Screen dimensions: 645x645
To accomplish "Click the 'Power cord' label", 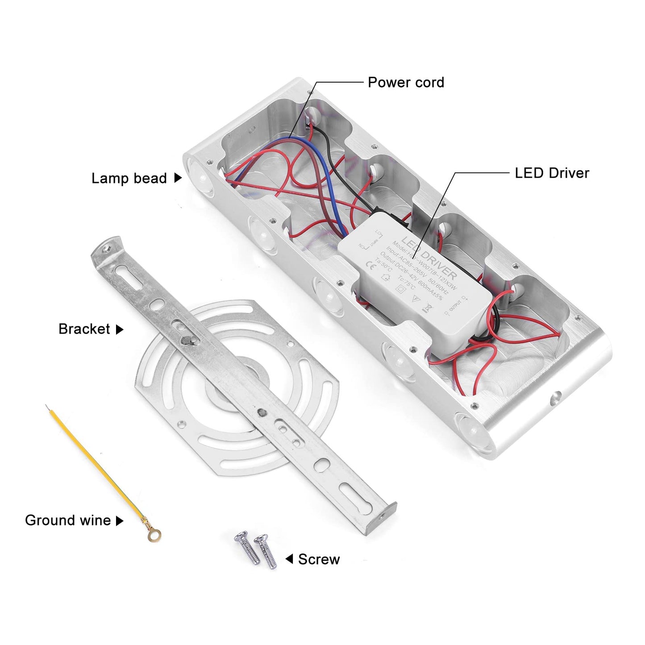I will pos(406,83).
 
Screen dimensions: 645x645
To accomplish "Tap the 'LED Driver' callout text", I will pos(552,173).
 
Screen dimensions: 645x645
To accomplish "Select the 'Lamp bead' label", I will pos(129,179).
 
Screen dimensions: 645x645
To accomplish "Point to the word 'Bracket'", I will pos(84,329).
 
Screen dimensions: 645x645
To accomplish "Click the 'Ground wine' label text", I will pos(68,520).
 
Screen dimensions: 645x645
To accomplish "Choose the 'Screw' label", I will pos(319,559).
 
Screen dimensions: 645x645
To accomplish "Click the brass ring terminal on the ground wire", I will pos(154,534).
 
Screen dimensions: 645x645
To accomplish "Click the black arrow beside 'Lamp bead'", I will pos(178,178).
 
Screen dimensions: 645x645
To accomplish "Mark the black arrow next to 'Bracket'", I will pos(119,329).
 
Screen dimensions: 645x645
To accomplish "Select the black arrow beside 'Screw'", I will pos(289,559).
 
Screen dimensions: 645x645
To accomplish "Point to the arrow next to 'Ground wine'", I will pos(119,521).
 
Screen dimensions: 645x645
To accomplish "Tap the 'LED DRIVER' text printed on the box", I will pos(429,258).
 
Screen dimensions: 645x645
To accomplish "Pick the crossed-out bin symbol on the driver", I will pos(428,307).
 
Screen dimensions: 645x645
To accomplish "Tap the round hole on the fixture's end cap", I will pos(556,397).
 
